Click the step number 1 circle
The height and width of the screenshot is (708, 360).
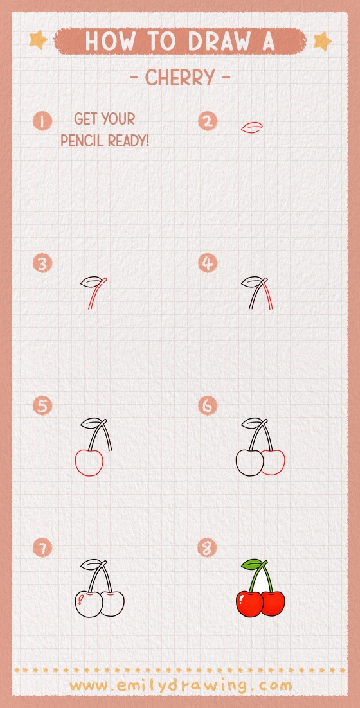coord(42,121)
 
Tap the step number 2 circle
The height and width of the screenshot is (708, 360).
coord(208,121)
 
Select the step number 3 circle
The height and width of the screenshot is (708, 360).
coord(42,263)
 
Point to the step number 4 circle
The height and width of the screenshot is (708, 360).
coord(208,263)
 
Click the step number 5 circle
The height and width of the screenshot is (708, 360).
coord(42,406)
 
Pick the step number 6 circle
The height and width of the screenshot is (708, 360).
coord(208,406)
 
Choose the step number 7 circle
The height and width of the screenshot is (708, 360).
coord(42,548)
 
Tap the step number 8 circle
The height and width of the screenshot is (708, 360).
coord(208,548)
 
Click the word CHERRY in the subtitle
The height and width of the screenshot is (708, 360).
coord(180,78)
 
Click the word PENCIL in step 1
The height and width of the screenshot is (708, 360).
coord(82,140)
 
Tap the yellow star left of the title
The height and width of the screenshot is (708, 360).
coord(39,40)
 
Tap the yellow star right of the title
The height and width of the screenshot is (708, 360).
coord(321,41)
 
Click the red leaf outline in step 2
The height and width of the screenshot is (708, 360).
coord(251,127)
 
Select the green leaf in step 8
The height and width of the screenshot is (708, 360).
coord(252,565)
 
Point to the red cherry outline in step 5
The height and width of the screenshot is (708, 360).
coord(89,463)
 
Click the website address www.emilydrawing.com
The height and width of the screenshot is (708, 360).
coord(180,686)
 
